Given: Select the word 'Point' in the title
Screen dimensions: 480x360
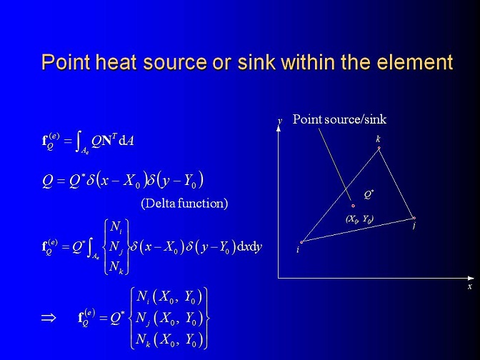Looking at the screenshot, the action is pos(66,62).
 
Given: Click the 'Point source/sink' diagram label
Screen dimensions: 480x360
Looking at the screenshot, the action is pos(339,119).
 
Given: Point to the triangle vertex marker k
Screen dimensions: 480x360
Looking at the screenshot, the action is pos(379,148).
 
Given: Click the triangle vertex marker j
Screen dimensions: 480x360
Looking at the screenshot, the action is pos(414,219).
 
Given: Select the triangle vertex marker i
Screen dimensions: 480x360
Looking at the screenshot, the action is pos(301,242).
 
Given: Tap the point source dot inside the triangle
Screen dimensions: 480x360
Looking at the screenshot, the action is pos(354,206).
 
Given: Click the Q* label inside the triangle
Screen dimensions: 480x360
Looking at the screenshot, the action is pos(369,194).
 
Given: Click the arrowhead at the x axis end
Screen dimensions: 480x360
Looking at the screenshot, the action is pos(471,278).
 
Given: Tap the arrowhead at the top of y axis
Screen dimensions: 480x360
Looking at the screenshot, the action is pos(279,128).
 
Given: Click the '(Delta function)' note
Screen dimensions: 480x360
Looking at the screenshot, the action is pos(184,204).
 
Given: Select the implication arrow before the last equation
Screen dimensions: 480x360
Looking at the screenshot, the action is pos(49,318).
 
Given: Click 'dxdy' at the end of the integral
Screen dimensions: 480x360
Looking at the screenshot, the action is pos(249,247).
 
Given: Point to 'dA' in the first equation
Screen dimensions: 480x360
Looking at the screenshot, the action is pos(126,141).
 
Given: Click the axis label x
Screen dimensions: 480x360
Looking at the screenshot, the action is pos(470,286).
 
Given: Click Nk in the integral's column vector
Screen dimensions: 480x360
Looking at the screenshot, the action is pos(116,266).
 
